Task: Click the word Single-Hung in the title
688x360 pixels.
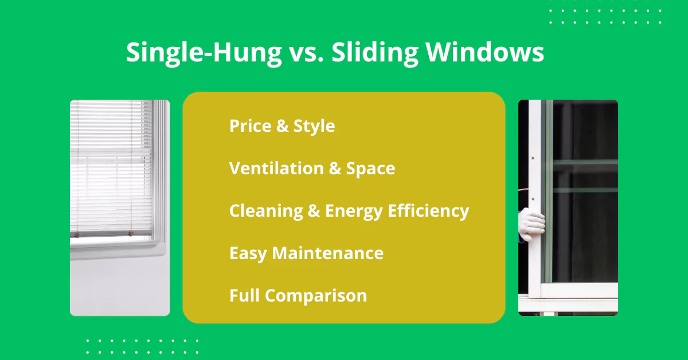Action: tap(204, 53)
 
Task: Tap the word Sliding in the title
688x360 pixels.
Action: tap(375, 53)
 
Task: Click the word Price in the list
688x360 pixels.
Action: tap(251, 126)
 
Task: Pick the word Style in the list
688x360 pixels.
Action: tap(314, 127)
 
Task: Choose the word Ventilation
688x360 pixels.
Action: tap(276, 168)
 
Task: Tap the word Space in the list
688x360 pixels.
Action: tap(370, 169)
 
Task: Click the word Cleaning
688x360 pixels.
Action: tap(266, 212)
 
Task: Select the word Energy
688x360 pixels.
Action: tap(354, 212)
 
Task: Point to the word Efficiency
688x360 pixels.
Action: tap(428, 212)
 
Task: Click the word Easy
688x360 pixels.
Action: tap(248, 254)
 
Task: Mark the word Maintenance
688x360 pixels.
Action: tap(328, 253)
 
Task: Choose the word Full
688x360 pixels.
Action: tap(244, 295)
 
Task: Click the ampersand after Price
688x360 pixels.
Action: tap(282, 126)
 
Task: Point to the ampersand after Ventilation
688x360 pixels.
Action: tap(335, 169)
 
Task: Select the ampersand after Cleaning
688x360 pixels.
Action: tap(314, 211)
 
